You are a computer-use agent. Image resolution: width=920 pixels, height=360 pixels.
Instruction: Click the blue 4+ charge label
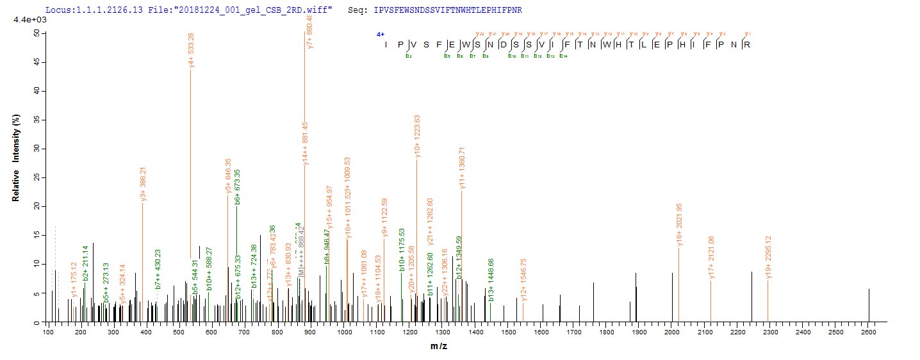pos(379,35)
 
